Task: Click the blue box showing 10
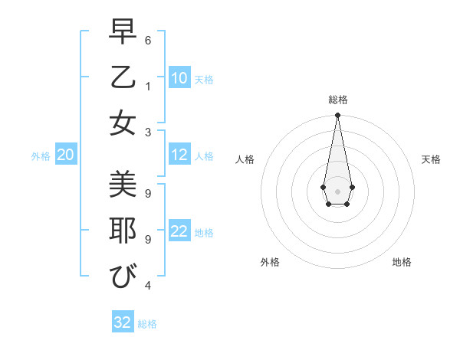(x=179, y=78)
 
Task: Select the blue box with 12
(x=179, y=155)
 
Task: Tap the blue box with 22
(x=179, y=231)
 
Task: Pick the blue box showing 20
(x=65, y=155)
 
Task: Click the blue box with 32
(x=123, y=322)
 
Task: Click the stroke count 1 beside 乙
(x=148, y=86)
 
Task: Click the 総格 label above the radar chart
(x=337, y=100)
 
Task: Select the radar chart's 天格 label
(x=431, y=159)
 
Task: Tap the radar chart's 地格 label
(x=402, y=262)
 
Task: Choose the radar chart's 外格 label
(x=270, y=262)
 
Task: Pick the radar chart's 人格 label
(x=245, y=159)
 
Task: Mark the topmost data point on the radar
(x=337, y=116)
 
